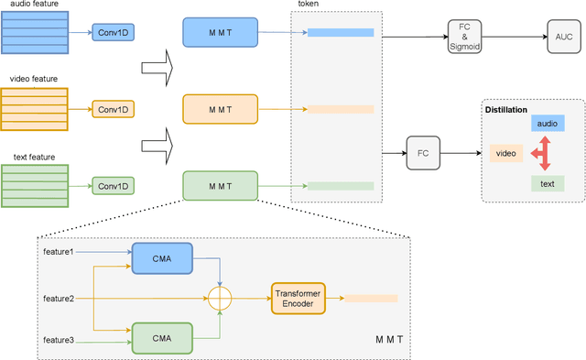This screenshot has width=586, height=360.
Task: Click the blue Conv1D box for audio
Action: (114, 32)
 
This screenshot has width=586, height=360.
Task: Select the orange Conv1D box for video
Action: (114, 109)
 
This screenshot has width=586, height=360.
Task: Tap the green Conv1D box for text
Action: (114, 186)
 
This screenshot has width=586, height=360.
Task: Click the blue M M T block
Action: (221, 32)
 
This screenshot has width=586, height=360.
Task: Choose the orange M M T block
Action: (221, 109)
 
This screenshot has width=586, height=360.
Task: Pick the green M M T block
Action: (221, 186)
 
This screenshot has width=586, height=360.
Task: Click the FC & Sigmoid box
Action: (465, 37)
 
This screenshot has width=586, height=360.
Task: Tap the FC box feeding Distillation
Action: (423, 153)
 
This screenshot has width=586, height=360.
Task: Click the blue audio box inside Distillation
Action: (548, 123)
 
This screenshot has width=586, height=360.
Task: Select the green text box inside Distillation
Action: (548, 184)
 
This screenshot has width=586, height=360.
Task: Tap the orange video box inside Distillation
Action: (506, 153)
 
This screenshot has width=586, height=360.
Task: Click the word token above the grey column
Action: (309, 5)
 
